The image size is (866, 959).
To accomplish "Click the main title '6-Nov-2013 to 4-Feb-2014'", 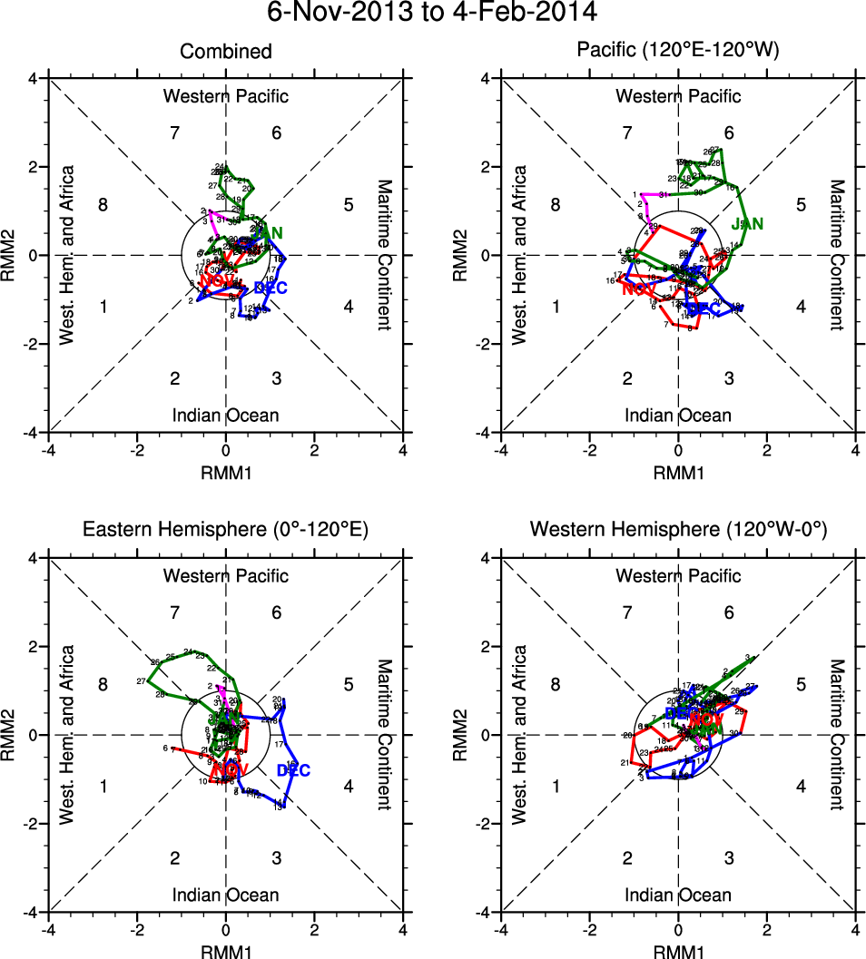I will [432, 14].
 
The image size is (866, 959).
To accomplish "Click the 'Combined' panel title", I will [225, 52].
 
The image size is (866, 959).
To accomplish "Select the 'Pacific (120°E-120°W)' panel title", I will [678, 52].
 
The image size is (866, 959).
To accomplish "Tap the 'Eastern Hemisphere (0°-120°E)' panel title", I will [225, 530].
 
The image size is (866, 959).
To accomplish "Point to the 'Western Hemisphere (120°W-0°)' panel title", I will [678, 530].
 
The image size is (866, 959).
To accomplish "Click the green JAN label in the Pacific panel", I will [747, 223].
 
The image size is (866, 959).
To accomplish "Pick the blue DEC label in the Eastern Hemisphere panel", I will [293, 770].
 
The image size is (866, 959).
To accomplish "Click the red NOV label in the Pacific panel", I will [640, 289].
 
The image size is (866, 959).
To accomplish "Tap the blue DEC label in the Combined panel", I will [271, 289].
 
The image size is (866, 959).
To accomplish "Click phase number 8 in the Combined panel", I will [103, 205].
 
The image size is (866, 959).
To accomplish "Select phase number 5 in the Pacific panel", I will [801, 205].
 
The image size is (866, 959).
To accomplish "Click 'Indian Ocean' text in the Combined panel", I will [225, 416].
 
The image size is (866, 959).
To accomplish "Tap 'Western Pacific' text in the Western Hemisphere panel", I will [678, 575].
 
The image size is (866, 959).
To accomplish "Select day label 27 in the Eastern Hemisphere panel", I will [141, 681].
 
